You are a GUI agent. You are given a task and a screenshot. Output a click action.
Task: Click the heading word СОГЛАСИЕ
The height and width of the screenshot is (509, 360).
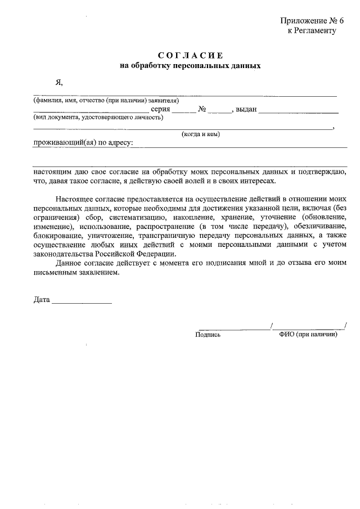coord(191,55)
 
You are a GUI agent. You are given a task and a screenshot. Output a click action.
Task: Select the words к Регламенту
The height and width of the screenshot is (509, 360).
coord(312,31)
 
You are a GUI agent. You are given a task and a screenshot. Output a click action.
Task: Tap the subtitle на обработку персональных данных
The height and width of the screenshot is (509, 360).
coord(191,66)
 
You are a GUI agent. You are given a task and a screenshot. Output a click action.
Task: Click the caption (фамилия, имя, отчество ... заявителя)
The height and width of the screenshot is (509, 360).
coord(106,101)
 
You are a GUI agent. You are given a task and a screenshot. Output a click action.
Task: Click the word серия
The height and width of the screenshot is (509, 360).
coord(160,110)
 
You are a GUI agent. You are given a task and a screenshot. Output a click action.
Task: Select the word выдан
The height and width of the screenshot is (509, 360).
coord(246,110)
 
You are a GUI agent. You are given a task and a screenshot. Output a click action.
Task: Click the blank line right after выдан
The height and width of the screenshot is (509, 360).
coord(299,112)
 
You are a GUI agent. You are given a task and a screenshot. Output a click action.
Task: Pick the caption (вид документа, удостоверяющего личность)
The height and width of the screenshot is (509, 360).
coord(98,118)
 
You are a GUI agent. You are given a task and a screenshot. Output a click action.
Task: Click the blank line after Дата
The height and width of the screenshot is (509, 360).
coord(82,302)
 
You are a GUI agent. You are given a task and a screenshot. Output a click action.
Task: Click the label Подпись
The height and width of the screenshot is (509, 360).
coord(208,334)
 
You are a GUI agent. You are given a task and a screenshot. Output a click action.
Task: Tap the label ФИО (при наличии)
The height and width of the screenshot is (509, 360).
coord(308,334)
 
